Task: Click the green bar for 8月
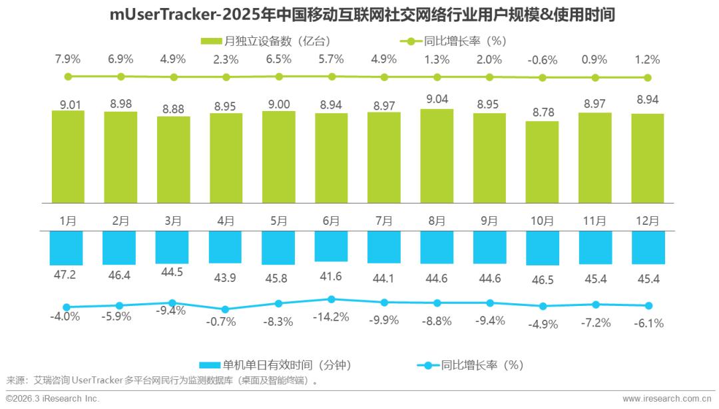coord(437,156)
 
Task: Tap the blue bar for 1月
coord(68,248)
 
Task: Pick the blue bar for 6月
coord(331,246)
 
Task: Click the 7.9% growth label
coord(68,59)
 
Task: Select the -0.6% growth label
coord(542,60)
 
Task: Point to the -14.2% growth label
coord(331,317)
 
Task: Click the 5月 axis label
coord(278,221)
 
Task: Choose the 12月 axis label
coord(647,221)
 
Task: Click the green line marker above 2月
coord(120,76)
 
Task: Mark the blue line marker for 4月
coord(226,309)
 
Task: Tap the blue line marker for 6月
coord(331,299)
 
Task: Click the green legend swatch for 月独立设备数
coord(211,41)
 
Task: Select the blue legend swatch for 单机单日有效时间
coord(210,365)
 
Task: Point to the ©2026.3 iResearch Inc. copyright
coord(53,398)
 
